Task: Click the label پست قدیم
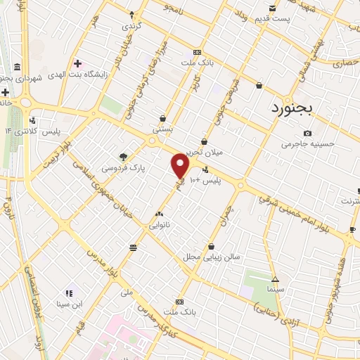(x=271, y=18)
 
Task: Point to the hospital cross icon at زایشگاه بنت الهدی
(x=77, y=63)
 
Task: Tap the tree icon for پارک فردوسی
(x=124, y=157)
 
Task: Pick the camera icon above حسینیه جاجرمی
(x=307, y=133)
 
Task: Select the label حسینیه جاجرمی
(x=307, y=144)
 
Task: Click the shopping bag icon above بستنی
(x=163, y=119)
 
